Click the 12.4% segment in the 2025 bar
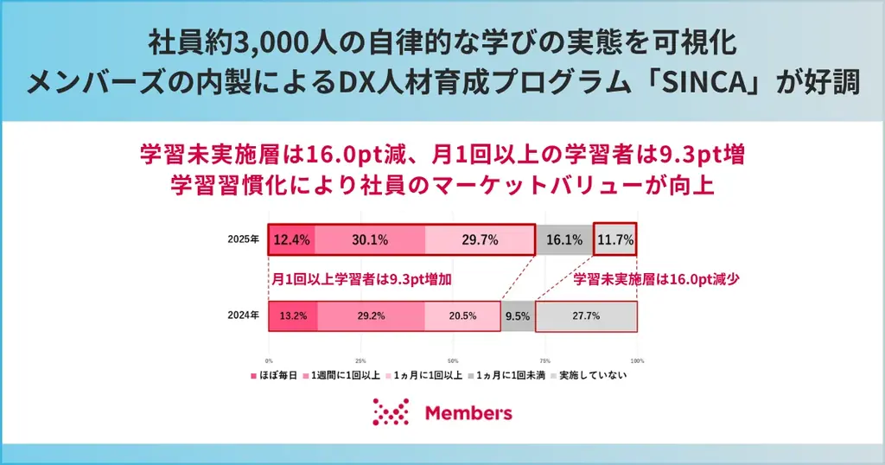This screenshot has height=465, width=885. (291, 240)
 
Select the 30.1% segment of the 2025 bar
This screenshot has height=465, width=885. (369, 240)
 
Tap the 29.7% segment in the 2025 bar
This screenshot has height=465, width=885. (480, 240)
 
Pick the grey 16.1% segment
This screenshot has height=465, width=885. (564, 240)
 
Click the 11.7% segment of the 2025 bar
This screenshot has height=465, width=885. (615, 240)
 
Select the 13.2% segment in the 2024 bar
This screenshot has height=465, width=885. (293, 316)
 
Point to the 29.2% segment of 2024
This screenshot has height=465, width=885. (371, 316)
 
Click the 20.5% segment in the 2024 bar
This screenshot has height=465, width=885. (462, 316)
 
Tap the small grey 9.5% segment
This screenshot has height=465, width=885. (518, 316)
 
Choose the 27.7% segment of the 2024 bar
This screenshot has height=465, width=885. (586, 316)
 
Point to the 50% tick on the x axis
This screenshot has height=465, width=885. (453, 360)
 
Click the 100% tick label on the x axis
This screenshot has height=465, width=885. (637, 360)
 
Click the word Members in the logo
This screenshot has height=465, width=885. (468, 413)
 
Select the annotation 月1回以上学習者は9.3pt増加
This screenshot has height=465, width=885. (362, 280)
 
